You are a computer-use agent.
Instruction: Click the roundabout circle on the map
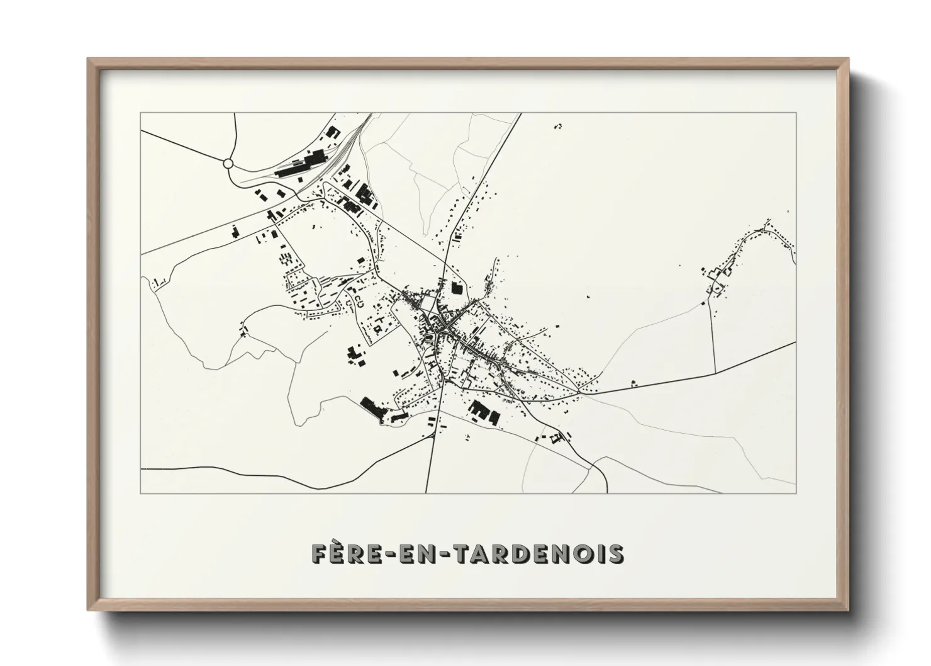point(228,164)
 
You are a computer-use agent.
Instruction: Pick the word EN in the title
point(428,553)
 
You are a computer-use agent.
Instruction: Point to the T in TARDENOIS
point(467,553)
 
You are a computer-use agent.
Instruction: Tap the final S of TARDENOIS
point(614,553)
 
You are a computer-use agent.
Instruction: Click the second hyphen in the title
point(452,554)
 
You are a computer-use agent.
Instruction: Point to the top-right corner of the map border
point(796,113)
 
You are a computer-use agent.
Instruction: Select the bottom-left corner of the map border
point(141,492)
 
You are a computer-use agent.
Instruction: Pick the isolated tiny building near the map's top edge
point(558,127)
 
